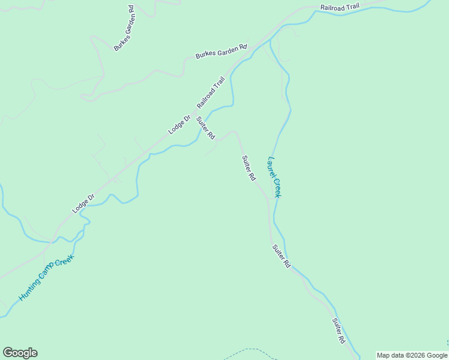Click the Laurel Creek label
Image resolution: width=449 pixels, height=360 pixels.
[x=275, y=177]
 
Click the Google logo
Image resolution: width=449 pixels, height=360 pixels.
[x=20, y=353]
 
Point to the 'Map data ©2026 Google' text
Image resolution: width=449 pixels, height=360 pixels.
[x=412, y=355]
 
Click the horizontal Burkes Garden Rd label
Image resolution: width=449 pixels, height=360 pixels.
[x=221, y=52]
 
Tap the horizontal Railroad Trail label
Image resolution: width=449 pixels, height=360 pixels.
[x=340, y=7]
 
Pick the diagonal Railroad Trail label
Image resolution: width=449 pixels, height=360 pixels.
[x=210, y=92]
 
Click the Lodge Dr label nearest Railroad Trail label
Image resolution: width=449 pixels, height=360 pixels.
[x=179, y=124]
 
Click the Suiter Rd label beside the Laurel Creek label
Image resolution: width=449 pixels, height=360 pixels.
[x=249, y=169]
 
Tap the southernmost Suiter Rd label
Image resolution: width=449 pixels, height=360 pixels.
[x=339, y=331]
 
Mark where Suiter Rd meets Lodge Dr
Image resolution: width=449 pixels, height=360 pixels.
[x=193, y=117]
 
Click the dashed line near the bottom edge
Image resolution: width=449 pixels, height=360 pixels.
[x=252, y=350]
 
